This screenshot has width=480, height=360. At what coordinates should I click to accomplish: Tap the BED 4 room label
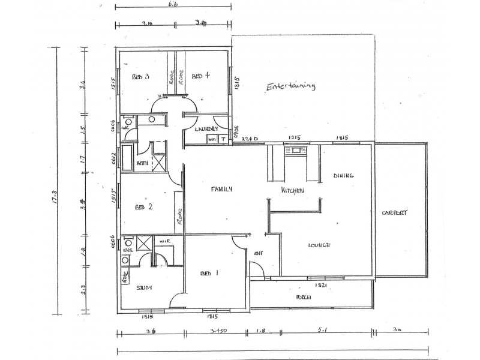coord(200,76)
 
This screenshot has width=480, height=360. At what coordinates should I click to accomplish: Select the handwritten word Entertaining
coord(290,86)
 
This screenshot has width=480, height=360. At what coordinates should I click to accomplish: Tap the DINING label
coord(344,176)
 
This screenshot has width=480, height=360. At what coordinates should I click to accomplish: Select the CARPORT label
coord(394,212)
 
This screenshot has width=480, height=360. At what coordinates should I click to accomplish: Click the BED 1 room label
coord(209,273)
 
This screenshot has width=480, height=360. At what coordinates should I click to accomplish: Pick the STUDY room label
coord(143,288)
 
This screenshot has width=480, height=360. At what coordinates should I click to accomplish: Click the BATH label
coord(142,163)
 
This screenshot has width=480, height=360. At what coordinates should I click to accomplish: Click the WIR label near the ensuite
coord(163,242)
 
